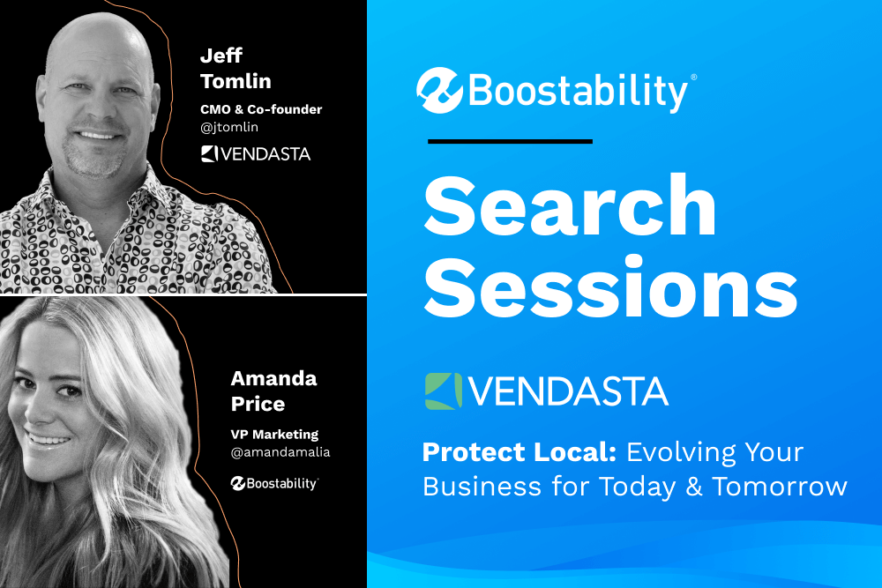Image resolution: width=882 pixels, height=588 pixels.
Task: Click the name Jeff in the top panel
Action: (221, 56)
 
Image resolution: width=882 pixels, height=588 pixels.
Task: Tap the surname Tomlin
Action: (235, 81)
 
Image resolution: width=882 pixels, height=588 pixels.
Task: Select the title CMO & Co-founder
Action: (261, 109)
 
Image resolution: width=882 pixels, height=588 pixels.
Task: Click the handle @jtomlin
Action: (229, 127)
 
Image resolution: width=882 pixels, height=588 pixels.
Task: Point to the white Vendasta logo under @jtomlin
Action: (256, 154)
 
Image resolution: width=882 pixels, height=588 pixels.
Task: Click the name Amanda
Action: (274, 378)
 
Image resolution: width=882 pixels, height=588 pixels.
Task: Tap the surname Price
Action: (258, 404)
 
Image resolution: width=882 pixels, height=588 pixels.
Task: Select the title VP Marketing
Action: (274, 435)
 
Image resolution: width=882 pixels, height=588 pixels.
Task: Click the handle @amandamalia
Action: (280, 452)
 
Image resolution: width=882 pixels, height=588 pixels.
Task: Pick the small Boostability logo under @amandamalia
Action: (274, 483)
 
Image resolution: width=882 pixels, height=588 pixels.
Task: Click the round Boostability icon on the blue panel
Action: (439, 91)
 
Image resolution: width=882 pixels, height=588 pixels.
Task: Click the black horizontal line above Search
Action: (510, 142)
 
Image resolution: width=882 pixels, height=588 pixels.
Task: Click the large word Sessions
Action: (611, 287)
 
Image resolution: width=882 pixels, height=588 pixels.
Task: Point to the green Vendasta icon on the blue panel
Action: (444, 391)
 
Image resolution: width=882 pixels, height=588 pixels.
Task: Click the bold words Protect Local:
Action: (519, 452)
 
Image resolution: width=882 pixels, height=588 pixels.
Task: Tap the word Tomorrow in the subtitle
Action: (780, 487)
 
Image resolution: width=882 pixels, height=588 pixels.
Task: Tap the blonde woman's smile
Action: (49, 439)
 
